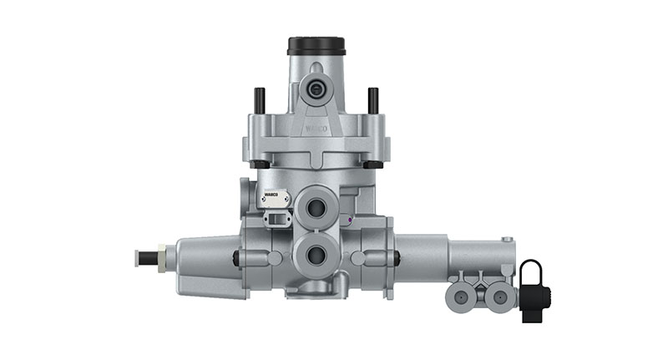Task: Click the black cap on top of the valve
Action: pyautogui.click(x=316, y=45)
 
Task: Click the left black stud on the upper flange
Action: pyautogui.click(x=261, y=99)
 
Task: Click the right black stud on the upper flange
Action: pyautogui.click(x=372, y=99)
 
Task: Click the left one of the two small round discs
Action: pyautogui.click(x=462, y=296)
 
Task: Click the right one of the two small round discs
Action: pyautogui.click(x=499, y=296)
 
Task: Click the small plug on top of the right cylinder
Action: pyautogui.click(x=506, y=240)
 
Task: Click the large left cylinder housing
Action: pyautogui.click(x=205, y=266)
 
